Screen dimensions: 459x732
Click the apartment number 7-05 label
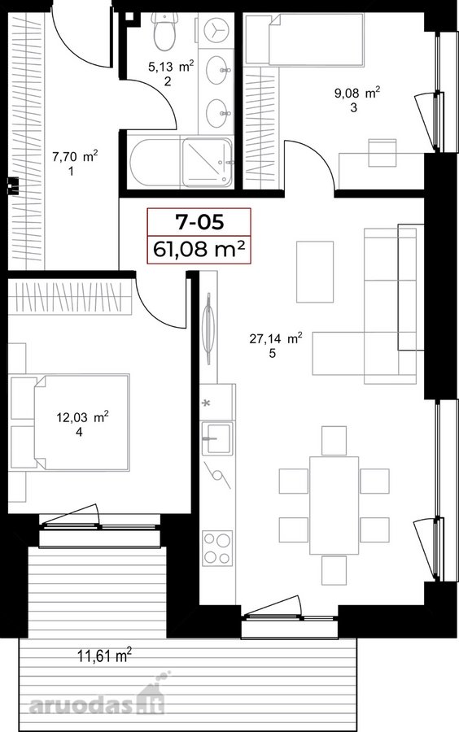pos(199,222)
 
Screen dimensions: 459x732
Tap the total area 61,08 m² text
pos(199,249)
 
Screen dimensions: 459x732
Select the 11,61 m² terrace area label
pos(104,656)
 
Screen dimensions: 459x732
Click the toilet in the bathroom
pos(164,31)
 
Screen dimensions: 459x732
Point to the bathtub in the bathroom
pos(154,163)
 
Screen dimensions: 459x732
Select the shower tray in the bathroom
pos(208,163)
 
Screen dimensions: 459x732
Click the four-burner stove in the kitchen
pos(217,547)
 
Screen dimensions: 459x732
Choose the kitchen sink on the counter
pos(216,438)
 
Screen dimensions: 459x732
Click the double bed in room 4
pos(81,422)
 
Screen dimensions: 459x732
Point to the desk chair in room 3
pos(382,152)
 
